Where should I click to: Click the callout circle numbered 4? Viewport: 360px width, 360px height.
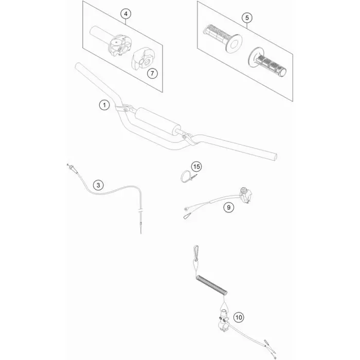[x=126, y=14]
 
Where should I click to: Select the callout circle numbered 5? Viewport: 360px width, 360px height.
[x=247, y=17]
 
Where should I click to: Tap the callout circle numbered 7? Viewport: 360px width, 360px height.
[x=152, y=74]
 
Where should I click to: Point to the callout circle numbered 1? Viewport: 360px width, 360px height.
[x=104, y=105]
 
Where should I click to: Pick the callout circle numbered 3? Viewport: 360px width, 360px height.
[x=98, y=185]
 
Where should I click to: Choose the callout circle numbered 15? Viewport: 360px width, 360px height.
[x=196, y=167]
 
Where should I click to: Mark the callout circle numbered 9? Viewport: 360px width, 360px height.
[x=229, y=207]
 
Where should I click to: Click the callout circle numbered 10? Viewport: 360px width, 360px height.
[x=239, y=317]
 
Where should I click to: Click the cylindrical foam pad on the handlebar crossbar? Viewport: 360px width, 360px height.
[x=158, y=120]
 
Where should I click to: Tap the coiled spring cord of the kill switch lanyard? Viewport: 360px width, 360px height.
[x=212, y=285]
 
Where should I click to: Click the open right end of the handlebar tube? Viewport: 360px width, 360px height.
[x=274, y=157]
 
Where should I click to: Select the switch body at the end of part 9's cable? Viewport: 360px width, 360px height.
[x=246, y=195]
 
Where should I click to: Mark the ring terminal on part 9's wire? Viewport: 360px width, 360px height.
[x=186, y=209]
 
